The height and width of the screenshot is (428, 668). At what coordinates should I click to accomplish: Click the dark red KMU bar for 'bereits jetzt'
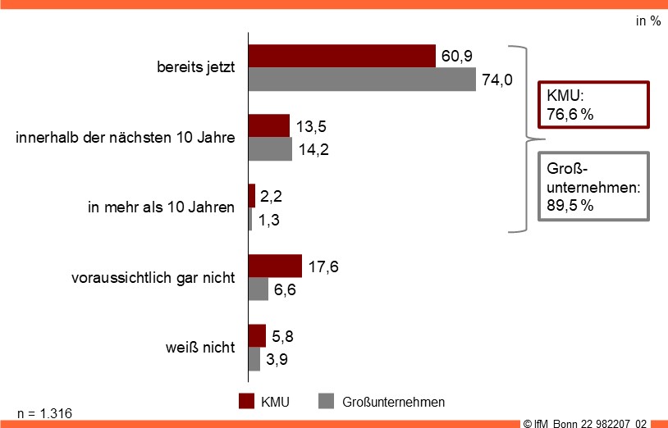[x=341, y=56]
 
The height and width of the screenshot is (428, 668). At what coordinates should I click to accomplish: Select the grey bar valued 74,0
[x=362, y=79]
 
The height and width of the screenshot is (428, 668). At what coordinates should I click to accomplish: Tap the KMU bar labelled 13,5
[x=269, y=125]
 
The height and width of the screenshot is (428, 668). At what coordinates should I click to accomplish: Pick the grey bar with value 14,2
[x=270, y=149]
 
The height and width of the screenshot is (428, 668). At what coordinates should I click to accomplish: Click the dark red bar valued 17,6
[x=275, y=266]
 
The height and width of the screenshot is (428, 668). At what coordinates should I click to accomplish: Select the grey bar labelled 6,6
[x=259, y=289]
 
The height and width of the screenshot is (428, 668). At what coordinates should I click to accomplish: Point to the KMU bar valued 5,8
[x=258, y=335]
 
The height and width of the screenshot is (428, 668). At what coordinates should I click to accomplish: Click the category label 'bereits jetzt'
[x=196, y=67]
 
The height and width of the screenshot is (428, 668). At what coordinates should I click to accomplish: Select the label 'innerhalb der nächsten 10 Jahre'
[x=126, y=137]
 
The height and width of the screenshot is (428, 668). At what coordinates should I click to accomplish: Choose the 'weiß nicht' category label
[x=200, y=347]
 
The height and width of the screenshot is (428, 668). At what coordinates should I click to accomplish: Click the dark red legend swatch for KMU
[x=246, y=401]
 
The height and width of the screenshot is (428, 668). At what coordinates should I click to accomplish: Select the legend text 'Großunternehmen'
[x=393, y=402]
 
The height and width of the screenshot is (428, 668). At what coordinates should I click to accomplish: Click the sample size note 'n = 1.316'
[x=44, y=412]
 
